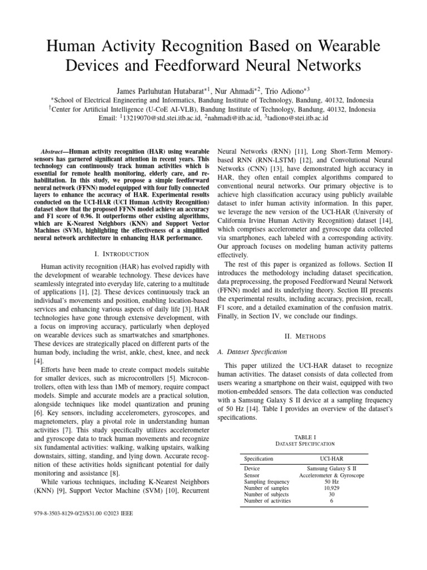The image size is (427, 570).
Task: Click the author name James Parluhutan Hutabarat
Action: click(159, 90)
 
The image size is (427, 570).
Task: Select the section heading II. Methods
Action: click(306, 336)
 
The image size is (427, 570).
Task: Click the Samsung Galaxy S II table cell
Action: click(331, 469)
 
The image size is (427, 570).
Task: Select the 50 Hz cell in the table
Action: click(331, 481)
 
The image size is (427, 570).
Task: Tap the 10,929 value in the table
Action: click(331, 488)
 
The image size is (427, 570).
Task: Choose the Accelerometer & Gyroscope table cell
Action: click(331, 475)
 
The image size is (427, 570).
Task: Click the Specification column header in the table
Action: click(259, 459)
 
